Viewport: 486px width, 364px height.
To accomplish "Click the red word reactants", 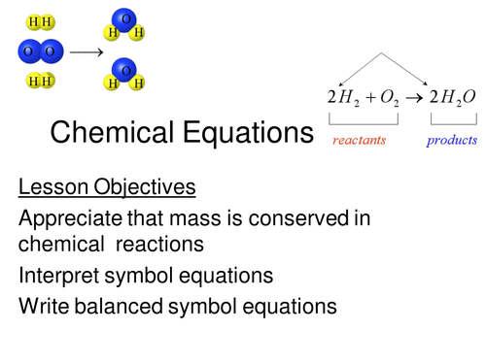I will [360, 141].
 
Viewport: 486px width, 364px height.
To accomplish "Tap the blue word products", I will [452, 141].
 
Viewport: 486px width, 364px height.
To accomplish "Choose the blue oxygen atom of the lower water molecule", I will [124, 70].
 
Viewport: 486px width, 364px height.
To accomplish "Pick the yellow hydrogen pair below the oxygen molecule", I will [41, 82].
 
